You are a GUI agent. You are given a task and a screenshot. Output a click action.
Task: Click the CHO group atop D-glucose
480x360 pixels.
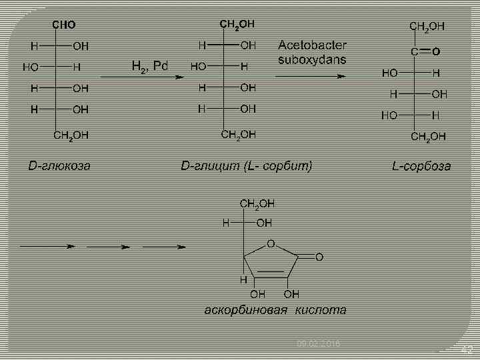(64, 25)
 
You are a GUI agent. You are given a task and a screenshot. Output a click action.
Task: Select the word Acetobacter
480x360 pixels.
(312, 45)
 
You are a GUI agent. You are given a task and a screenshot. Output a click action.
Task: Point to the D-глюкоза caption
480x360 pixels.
(59, 165)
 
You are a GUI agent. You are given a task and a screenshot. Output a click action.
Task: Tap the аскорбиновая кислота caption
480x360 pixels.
(275, 310)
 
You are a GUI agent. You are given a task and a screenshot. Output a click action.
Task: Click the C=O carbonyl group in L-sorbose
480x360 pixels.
(425, 51)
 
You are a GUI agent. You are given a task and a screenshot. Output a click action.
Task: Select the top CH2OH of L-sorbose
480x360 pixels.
(427, 27)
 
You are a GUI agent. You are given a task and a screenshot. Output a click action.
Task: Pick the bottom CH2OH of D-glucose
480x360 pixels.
(71, 135)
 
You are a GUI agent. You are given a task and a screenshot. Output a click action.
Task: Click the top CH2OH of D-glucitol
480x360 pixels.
(237, 24)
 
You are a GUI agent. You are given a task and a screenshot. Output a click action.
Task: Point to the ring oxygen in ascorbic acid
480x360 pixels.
(271, 244)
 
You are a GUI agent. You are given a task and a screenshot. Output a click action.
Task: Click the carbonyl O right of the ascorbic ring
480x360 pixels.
(319, 256)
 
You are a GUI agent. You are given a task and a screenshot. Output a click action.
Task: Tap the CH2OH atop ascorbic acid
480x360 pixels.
(257, 203)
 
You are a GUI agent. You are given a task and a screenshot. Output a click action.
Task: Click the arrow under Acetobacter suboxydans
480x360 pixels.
(311, 76)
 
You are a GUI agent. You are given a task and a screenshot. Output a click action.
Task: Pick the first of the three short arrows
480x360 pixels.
(47, 247)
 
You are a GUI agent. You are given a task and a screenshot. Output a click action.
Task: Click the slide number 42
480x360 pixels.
(467, 350)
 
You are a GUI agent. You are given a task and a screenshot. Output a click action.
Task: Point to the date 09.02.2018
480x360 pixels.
(318, 343)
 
